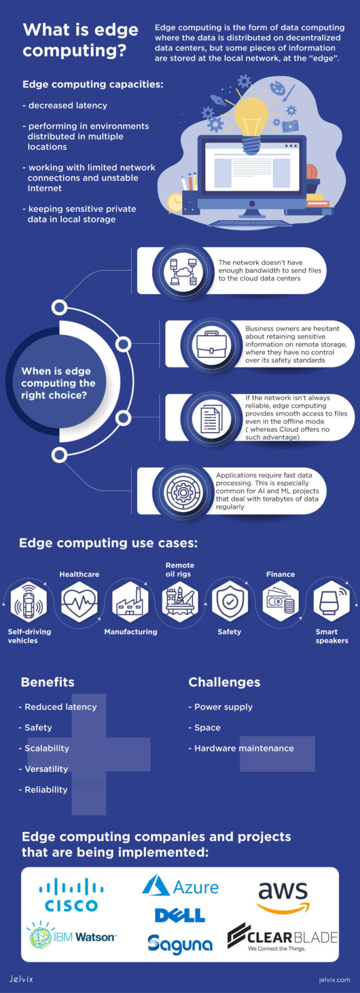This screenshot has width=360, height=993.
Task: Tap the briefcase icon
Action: tap(211, 344)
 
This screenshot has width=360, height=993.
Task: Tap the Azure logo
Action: tap(180, 886)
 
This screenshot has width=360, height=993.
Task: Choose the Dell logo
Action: tap(180, 915)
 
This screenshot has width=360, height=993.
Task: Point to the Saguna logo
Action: tap(180, 944)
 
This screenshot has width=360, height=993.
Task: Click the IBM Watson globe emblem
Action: tap(40, 936)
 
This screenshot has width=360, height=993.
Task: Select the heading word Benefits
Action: tap(47, 682)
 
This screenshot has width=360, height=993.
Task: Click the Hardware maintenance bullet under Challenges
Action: tap(241, 748)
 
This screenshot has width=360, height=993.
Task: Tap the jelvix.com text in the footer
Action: tap(334, 979)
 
